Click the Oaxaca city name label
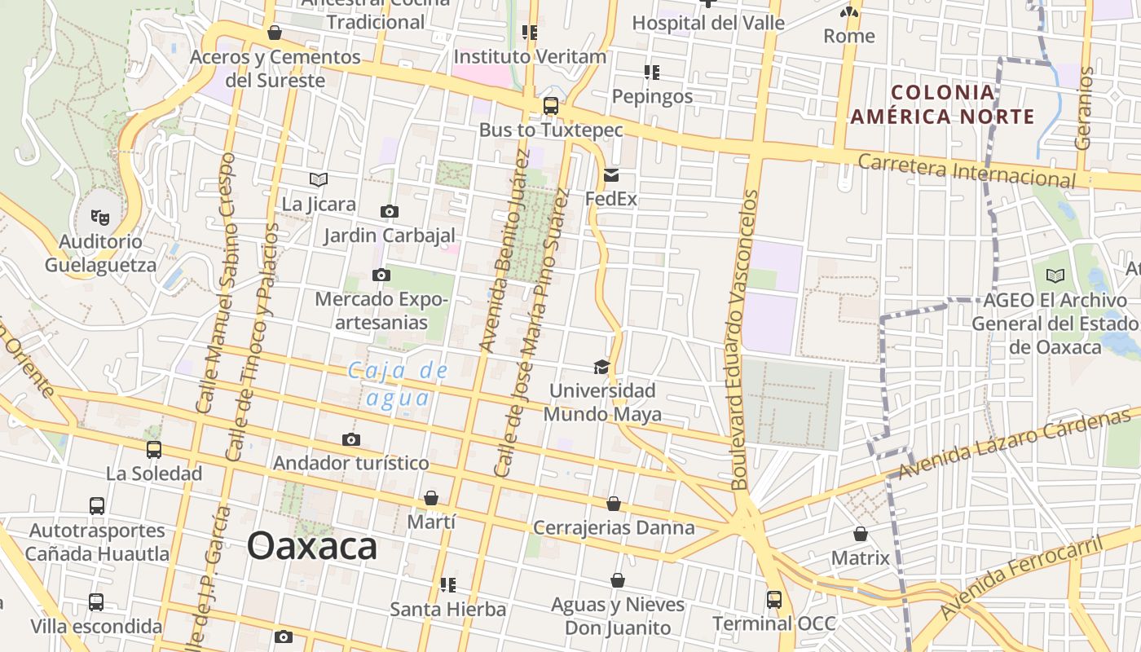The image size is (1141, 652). pos(312,545)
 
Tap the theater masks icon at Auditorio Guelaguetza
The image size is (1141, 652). pos(100,217)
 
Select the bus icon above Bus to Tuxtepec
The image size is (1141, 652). pos(551,106)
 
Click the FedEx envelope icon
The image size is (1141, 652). pos(611,175)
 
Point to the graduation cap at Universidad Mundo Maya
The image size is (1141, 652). pos(602,367)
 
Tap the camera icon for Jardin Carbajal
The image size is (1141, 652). pos(390,212)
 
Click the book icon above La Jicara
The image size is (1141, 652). pos(319,179)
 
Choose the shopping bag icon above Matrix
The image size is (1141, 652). pos(861,535)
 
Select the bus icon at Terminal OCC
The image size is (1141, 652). pos(774,600)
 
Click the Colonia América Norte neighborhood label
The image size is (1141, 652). pos(943,104)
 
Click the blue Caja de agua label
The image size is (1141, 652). pos(398,384)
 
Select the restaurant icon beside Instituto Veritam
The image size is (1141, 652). pos(530,33)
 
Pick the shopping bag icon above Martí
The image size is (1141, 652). pos(431,498)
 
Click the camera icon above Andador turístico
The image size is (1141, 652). pos(351,440)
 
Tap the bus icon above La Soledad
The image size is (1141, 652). pos(154,449)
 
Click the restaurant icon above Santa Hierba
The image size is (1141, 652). pos(447,584)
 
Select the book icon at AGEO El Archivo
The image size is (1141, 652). pos(1055,275)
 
